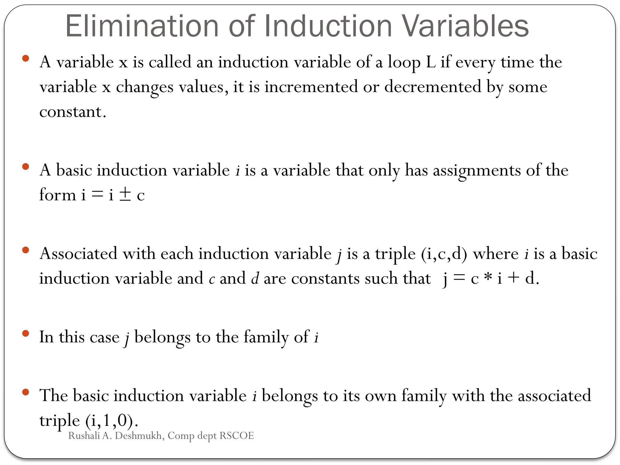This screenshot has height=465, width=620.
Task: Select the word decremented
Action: point(433,87)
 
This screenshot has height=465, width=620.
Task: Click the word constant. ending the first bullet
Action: point(73,112)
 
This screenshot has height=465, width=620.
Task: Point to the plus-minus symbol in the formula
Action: point(125,194)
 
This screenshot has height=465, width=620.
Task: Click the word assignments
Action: point(477,170)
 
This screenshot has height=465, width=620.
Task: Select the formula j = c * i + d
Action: point(490,278)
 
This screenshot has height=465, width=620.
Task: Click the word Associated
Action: point(78,254)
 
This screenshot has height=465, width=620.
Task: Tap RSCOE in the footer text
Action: point(236,436)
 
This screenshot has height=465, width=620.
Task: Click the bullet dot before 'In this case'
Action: point(25,334)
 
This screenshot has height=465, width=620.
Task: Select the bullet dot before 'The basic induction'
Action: point(25,392)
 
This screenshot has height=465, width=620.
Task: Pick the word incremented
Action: point(311,87)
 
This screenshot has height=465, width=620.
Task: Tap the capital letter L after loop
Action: point(430,63)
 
